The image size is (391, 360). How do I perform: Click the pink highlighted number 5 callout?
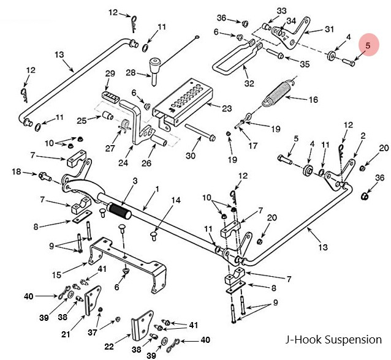(368, 45)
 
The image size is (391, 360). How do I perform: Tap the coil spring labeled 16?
(279, 93)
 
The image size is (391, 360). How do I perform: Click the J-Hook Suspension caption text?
(333, 339)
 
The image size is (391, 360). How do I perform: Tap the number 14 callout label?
(175, 200)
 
